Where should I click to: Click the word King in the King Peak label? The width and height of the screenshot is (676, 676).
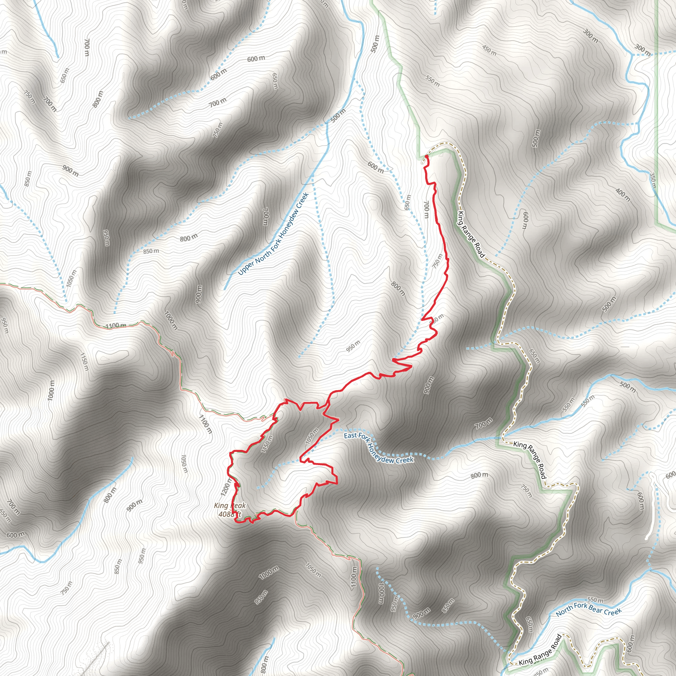pos(221,506)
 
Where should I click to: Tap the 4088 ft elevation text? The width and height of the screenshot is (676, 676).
pos(229,514)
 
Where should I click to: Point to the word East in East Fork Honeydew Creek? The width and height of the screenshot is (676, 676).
pos(350,435)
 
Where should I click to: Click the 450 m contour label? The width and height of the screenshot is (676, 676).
pos(489,51)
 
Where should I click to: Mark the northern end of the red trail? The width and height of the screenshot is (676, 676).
pos(427,156)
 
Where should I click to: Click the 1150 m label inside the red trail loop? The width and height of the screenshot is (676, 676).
pos(267,443)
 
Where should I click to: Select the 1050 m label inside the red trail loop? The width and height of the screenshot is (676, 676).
pos(311,436)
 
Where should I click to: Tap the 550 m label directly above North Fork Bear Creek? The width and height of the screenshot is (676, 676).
pos(595,600)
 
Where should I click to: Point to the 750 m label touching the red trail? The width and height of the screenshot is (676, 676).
pos(437,261)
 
